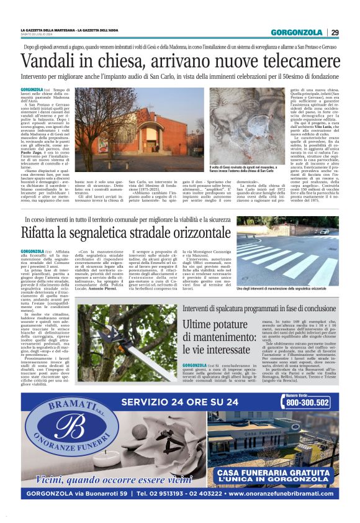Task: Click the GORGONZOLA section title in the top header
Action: coord(295,32)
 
